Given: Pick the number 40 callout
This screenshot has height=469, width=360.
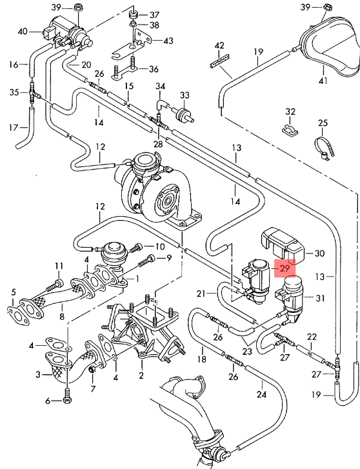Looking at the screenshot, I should tap(23, 31).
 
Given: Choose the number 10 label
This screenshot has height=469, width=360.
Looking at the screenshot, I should tap(160, 246).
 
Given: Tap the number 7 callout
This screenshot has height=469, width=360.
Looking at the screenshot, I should tap(92, 389).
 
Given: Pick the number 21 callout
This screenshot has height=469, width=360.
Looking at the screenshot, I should tap(201, 294).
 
